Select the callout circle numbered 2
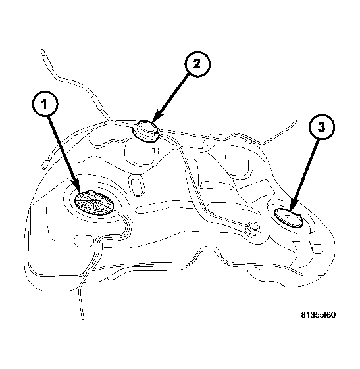point(197,64)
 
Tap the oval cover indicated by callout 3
point(288,218)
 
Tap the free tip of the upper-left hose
point(43,50)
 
